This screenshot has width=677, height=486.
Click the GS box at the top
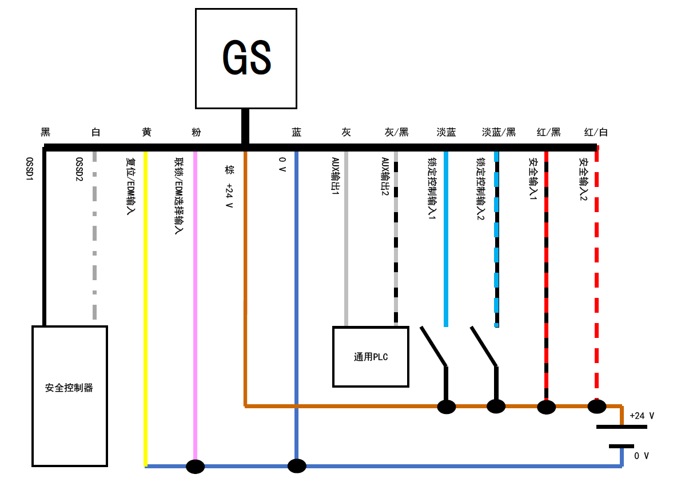tap(246, 58)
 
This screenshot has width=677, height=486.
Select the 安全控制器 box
tap(69, 395)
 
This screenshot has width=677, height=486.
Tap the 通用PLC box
tap(371, 357)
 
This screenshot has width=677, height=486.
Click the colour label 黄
tap(147, 133)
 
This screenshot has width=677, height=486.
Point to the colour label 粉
tap(196, 133)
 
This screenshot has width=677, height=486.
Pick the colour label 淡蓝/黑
tap(499, 133)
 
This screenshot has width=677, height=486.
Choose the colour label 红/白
tap(596, 133)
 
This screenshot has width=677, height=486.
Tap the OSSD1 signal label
tap(29, 169)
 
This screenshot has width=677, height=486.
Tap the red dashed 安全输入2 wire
tap(597, 274)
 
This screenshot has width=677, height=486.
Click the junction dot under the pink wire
tap(196, 467)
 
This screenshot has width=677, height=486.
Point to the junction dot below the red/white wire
tap(596, 407)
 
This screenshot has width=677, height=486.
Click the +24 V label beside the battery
tap(642, 416)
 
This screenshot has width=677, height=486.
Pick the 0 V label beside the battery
tap(642, 456)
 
